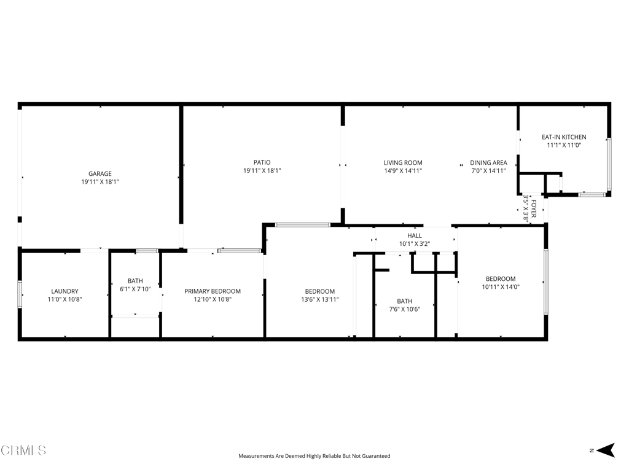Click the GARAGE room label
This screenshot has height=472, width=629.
(x=100, y=174)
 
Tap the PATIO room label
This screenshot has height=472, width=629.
(x=262, y=163)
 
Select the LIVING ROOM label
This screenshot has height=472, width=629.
(x=403, y=163)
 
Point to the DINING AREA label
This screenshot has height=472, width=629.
(x=488, y=163)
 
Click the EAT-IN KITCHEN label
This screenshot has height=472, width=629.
(x=563, y=137)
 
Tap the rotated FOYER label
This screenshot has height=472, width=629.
(x=534, y=210)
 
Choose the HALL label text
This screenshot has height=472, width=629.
(x=415, y=235)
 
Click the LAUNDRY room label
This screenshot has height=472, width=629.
(x=64, y=291)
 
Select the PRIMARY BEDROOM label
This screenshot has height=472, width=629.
(x=213, y=291)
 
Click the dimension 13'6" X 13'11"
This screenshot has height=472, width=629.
(x=320, y=300)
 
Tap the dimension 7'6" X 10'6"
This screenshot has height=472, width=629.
(x=404, y=309)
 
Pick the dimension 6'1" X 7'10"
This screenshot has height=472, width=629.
(x=135, y=289)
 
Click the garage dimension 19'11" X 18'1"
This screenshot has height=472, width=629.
(x=100, y=182)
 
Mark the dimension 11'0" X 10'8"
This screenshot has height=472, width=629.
(x=64, y=299)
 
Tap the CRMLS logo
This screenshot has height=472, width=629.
(x=23, y=450)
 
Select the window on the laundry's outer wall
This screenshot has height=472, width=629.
(x=20, y=294)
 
